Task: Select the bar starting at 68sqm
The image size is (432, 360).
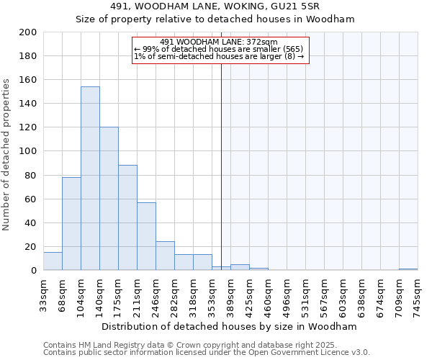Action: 71,223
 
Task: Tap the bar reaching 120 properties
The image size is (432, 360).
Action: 109,199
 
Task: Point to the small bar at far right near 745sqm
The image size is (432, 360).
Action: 408,269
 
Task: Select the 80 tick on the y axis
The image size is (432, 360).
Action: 31,175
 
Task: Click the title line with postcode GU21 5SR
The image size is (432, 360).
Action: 215,6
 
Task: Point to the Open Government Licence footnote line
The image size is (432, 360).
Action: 207,353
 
